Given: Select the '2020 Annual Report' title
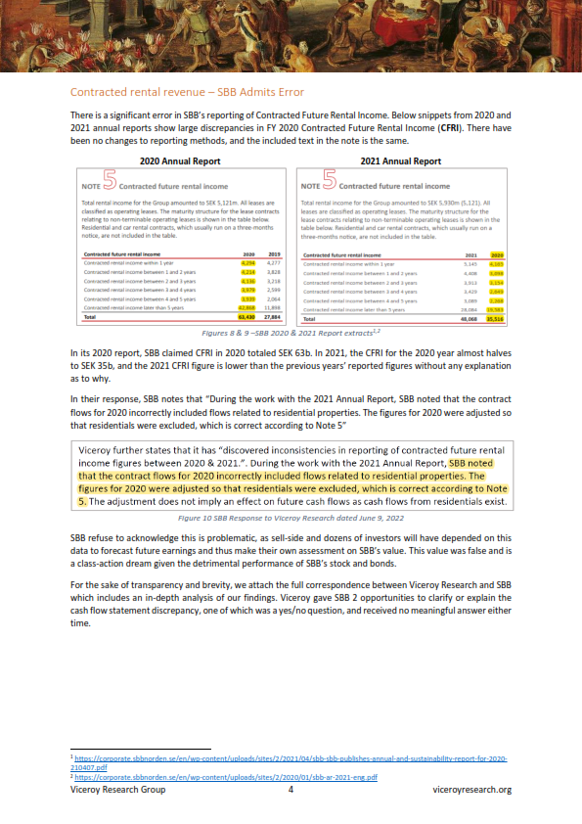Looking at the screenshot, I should pyautogui.click(x=179, y=160).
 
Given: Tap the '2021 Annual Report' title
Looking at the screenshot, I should pyautogui.click(x=401, y=160).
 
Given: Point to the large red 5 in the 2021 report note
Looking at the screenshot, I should pyautogui.click(x=329, y=182).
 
